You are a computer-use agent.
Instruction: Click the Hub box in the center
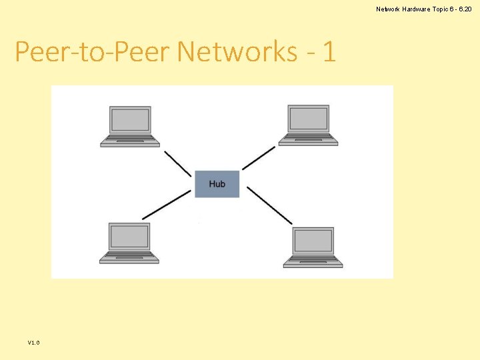pyautogui.click(x=217, y=184)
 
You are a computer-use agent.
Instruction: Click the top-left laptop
pyautogui.click(x=130, y=125)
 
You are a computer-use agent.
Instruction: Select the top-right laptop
pyautogui.click(x=308, y=125)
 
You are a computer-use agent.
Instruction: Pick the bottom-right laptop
pyautogui.click(x=313, y=247)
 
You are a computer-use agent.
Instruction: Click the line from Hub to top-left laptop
pyautogui.click(x=178, y=163)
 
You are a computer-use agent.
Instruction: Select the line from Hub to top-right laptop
pyautogui.click(x=258, y=158)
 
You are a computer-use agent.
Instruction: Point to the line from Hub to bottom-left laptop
pyautogui.click(x=167, y=205)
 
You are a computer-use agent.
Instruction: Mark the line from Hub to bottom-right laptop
pyautogui.click(x=269, y=205)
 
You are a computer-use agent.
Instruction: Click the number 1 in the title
pyautogui.click(x=328, y=51)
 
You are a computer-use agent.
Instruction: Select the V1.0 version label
pyautogui.click(x=34, y=342)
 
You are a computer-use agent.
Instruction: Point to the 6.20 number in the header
pyautogui.click(x=464, y=9)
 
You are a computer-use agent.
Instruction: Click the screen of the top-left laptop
pyautogui.click(x=130, y=120)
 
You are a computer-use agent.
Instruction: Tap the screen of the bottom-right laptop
pyautogui.click(x=313, y=241)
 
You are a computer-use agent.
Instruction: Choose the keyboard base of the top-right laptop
pyautogui.click(x=308, y=141)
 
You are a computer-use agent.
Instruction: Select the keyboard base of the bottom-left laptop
pyautogui.click(x=129, y=258)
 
